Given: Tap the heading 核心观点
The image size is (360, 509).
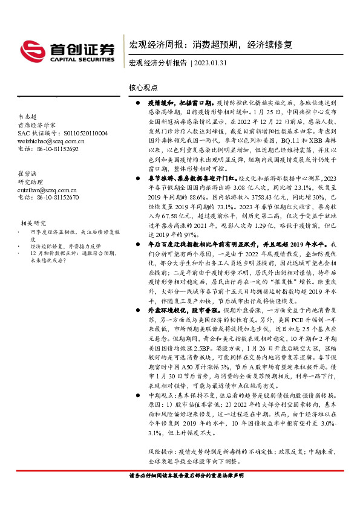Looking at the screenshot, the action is coord(142,88).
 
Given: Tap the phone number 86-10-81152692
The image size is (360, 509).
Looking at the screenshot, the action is coord(56,148).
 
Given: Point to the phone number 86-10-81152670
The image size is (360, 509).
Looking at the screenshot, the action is coord(56,197).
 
